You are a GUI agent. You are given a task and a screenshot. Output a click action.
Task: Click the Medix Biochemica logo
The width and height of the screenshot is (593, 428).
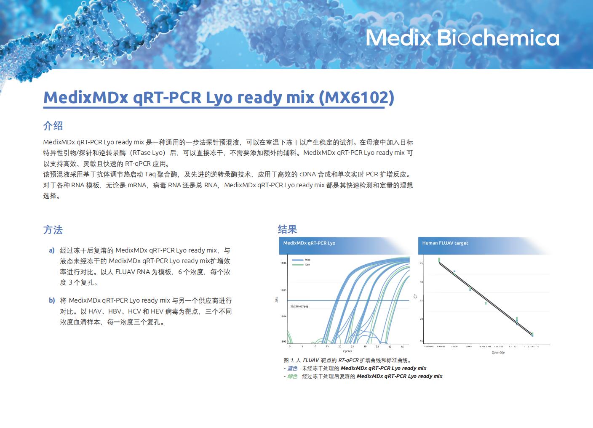(462, 38)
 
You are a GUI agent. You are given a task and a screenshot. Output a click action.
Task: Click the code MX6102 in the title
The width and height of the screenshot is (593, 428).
(356, 97)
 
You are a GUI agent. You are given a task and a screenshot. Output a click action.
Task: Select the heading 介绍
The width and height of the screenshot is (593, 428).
(53, 125)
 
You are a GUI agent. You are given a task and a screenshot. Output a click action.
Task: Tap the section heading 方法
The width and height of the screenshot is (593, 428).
(53, 230)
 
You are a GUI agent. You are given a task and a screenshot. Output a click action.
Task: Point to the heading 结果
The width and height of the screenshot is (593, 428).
(288, 229)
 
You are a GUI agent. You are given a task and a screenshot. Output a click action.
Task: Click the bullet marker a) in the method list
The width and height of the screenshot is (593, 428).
(52, 250)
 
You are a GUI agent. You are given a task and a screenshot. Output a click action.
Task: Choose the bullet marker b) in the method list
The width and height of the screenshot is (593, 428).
(52, 300)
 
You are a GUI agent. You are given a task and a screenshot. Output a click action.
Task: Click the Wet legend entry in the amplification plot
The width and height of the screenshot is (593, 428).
(307, 260)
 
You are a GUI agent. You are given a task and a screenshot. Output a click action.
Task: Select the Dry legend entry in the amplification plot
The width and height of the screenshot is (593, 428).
(307, 265)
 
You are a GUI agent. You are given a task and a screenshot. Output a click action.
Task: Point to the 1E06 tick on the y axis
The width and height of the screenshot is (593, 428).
(283, 263)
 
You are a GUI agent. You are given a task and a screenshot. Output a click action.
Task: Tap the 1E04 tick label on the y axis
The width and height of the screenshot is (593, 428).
(283, 316)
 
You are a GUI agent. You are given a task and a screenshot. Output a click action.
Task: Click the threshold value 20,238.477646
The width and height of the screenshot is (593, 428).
(299, 307)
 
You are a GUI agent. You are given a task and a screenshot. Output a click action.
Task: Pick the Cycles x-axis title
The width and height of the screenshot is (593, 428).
(347, 351)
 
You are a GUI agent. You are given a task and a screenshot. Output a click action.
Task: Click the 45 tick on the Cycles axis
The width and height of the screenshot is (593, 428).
(402, 347)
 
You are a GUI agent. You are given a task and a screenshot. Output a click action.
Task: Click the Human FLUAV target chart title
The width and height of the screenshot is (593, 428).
(445, 243)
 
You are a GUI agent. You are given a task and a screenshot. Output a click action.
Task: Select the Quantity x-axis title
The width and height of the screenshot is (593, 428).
(498, 352)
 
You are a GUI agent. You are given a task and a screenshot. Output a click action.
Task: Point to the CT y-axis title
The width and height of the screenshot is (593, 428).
(416, 296)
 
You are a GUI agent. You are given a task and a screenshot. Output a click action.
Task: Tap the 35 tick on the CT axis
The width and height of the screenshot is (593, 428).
(421, 263)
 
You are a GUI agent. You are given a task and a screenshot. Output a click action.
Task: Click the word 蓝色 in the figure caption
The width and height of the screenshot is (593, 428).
(292, 368)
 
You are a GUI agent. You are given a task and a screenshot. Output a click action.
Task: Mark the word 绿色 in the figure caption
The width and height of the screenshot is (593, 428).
(292, 376)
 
